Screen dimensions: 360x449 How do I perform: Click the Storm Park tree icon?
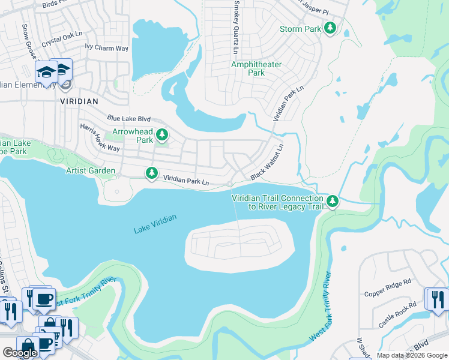[330, 28]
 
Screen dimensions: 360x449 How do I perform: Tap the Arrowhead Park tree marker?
[161, 135]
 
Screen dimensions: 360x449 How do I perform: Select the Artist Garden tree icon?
[152, 173]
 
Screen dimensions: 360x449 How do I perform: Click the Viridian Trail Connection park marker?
[333, 202]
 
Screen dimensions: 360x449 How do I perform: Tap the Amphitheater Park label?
[248, 68]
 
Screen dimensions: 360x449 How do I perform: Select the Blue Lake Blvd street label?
[128, 119]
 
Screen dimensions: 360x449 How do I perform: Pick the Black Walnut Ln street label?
[267, 163]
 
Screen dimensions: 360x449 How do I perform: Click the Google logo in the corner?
[20, 353]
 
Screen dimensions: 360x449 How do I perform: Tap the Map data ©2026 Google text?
[412, 355]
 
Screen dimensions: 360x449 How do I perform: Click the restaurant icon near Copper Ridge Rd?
[436, 298]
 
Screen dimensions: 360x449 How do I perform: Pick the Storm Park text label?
[300, 29]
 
